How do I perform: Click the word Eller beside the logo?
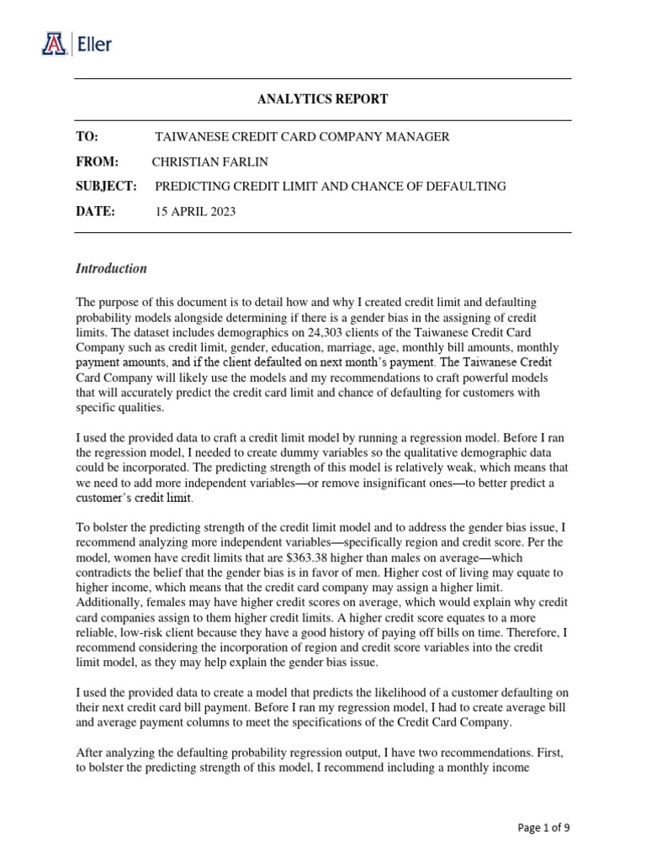point(94,44)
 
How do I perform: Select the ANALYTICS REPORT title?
point(322,99)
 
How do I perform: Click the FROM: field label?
point(98,161)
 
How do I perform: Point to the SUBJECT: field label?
point(106,187)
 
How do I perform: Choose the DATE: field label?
point(95,212)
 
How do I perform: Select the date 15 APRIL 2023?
point(196,212)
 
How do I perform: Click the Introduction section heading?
point(111,269)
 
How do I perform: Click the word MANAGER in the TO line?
point(420,137)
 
